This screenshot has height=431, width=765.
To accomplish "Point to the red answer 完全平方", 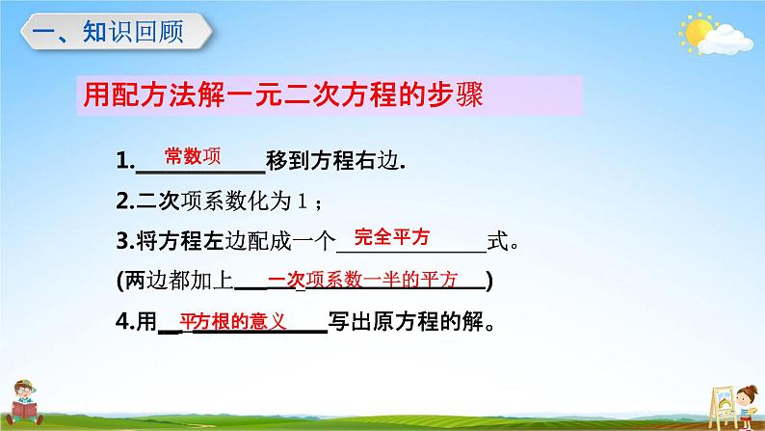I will click(392, 236).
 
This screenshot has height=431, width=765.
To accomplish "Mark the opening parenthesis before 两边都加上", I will click(119, 282).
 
